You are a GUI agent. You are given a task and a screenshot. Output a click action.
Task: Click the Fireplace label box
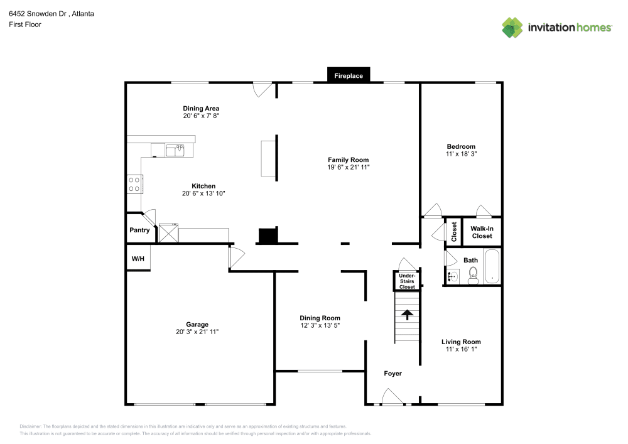(x=349, y=76)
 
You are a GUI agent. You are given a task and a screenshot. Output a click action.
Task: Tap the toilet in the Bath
(x=473, y=274)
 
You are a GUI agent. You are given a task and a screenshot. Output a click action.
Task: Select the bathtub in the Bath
(x=492, y=267)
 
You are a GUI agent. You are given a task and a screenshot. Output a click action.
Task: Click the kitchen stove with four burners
(x=134, y=183)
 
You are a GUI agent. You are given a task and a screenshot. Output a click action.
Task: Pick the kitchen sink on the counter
(x=175, y=150)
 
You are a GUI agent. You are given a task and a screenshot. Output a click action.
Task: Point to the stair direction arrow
(x=407, y=313)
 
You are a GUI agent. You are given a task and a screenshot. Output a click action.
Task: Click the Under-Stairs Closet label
(x=407, y=281)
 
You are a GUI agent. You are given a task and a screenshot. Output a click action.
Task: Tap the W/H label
(x=138, y=259)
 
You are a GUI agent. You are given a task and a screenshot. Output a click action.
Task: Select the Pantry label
(x=139, y=230)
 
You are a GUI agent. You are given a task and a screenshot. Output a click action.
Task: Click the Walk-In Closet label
(x=482, y=232)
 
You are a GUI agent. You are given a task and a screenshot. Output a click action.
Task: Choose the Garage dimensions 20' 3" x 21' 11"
(x=197, y=332)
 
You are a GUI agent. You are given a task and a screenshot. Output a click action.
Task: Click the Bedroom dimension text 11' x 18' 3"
(x=461, y=153)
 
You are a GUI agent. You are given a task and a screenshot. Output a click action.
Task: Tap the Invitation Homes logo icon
(x=512, y=27)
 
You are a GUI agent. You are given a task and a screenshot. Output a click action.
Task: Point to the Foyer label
(x=393, y=374)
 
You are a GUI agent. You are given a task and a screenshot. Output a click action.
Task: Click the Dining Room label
(x=320, y=318)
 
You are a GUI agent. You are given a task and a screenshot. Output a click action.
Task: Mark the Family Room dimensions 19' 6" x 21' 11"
(x=348, y=167)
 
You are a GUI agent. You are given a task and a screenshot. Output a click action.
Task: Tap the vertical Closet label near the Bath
(x=454, y=232)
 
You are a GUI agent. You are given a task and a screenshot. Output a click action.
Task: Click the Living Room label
(x=461, y=342)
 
